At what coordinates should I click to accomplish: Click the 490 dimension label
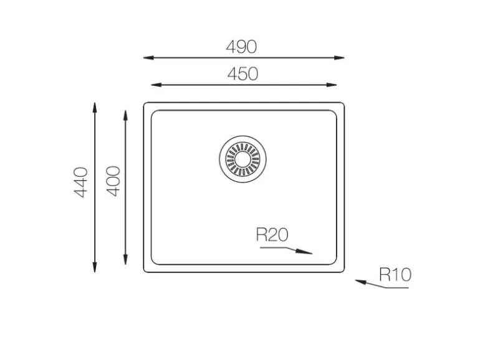241,47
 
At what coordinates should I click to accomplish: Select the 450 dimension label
242,74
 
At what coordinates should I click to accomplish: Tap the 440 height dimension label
81,182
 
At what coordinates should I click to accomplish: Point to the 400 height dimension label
113,181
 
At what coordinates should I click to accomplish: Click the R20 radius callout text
272,235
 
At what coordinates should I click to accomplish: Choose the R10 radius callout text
395,274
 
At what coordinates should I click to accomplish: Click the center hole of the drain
242,159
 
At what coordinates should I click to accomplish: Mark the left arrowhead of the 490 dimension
148,57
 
